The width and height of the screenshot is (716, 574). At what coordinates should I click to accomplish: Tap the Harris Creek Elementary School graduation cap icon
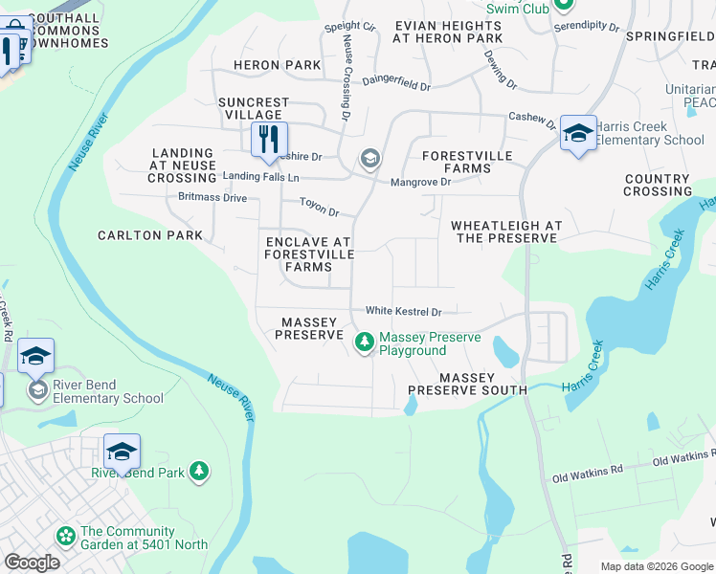click(578, 134)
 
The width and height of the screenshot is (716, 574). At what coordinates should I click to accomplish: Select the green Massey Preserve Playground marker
click(364, 342)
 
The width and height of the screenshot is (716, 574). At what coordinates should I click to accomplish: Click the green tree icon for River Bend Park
click(198, 471)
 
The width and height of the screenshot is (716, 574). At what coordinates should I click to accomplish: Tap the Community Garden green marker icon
click(65, 537)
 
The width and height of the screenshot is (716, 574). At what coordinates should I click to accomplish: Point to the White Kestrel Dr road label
click(403, 311)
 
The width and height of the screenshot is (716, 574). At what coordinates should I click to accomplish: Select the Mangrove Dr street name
click(420, 182)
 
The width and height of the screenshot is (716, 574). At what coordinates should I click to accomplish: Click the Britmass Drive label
click(213, 198)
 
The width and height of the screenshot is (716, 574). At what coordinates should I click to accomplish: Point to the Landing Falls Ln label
click(260, 177)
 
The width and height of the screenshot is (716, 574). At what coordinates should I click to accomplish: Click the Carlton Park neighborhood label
click(150, 235)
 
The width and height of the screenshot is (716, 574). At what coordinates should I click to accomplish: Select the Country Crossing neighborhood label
click(657, 185)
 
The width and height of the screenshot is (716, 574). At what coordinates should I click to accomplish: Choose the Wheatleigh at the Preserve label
click(503, 232)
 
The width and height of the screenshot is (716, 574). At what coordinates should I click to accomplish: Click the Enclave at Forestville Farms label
click(309, 254)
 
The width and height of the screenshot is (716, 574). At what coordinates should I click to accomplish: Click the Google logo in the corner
click(32, 563)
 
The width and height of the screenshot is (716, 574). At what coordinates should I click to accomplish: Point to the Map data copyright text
click(657, 566)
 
